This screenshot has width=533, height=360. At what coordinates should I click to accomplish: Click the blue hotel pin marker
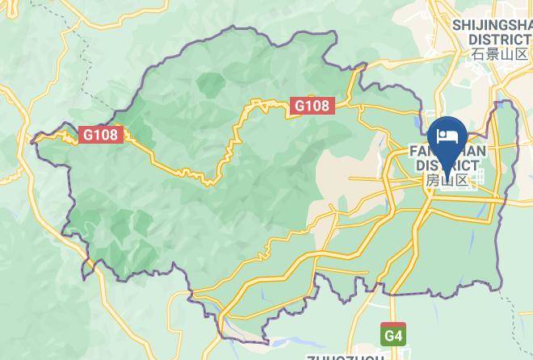446,136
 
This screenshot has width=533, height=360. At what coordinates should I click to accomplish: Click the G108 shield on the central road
311,105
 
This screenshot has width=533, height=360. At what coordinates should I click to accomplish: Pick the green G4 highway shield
392,333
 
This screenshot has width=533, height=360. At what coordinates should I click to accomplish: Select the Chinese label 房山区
447,180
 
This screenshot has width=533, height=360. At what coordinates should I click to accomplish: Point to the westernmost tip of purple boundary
31,141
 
